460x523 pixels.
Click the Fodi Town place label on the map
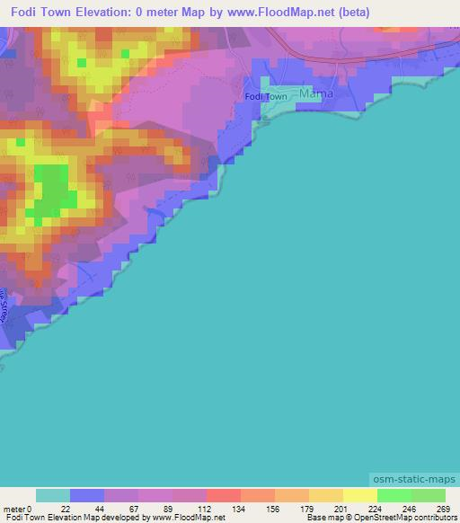click(265, 96)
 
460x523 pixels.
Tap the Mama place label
click(315, 93)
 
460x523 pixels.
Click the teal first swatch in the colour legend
click(53, 495)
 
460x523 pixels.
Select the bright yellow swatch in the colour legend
click(360, 495)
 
